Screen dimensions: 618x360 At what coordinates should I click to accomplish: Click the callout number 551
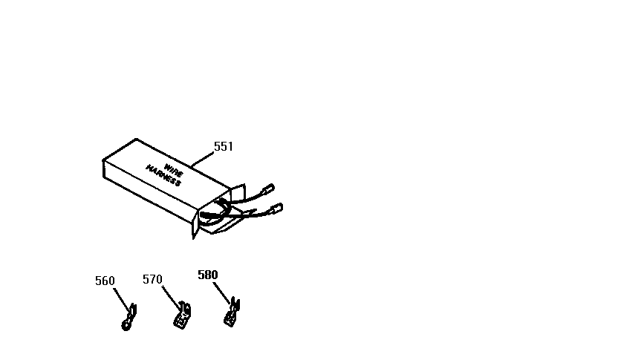tap(224, 146)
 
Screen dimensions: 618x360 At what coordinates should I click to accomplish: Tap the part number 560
tap(105, 281)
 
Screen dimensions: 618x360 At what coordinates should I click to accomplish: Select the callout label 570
tap(152, 279)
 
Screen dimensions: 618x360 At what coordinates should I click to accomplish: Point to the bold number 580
tap(208, 275)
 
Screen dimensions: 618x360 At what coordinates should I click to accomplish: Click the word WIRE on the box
tap(173, 170)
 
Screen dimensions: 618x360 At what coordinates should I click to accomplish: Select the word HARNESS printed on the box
tap(163, 176)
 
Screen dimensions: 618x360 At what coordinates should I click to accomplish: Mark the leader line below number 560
tap(122, 301)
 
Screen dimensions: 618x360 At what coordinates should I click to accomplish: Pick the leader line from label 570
tap(172, 298)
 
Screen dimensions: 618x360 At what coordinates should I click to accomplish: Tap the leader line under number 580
tap(221, 293)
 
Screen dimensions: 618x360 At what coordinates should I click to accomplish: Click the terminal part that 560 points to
tap(129, 318)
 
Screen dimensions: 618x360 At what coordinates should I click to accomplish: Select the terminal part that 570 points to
tap(182, 315)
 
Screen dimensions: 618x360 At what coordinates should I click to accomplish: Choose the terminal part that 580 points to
tap(232, 312)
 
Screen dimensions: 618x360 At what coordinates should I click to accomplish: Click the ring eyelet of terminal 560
tap(126, 325)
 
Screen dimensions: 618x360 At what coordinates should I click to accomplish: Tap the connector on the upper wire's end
tap(268, 189)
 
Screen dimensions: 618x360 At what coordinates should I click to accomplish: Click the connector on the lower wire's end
tap(276, 209)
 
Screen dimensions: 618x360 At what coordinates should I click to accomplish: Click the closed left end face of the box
tap(104, 169)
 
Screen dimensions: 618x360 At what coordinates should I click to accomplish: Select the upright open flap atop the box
tap(238, 194)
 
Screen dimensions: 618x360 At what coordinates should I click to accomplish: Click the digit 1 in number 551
tap(230, 146)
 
